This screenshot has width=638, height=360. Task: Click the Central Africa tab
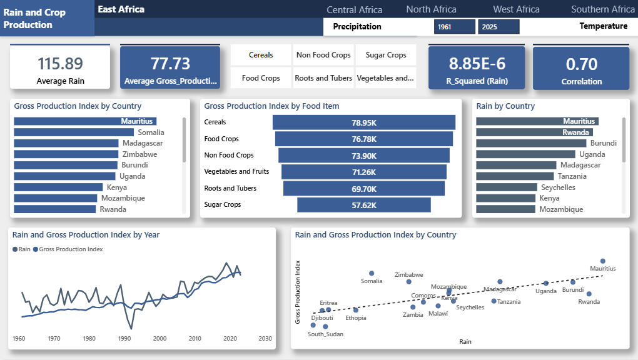coord(355,10)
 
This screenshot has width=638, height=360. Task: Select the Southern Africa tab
coord(602,9)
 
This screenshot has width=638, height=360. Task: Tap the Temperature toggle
coord(603,26)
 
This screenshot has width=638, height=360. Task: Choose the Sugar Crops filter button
coord(386,55)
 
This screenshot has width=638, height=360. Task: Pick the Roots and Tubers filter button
coord(323,78)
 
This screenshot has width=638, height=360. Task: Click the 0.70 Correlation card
coord(581,68)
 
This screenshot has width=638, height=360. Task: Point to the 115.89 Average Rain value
coord(60,64)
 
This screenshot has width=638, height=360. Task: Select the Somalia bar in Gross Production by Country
coord(74,132)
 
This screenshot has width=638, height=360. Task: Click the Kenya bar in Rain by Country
coord(505,198)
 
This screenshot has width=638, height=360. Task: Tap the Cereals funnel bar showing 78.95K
coord(364,122)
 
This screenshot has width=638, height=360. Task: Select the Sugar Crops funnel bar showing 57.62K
coord(364,205)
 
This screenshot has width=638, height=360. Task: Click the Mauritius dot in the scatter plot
coord(602,261)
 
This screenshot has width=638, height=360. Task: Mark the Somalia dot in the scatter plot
coord(372,273)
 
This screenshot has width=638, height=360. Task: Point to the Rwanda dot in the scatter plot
coord(589,294)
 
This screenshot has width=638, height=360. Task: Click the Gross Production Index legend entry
coord(68,249)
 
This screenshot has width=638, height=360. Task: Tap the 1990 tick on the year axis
coord(124,339)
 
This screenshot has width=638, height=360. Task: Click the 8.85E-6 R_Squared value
coord(477,64)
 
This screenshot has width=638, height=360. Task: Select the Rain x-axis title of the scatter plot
coord(465,342)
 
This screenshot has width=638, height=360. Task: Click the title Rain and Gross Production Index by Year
coord(86,235)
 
